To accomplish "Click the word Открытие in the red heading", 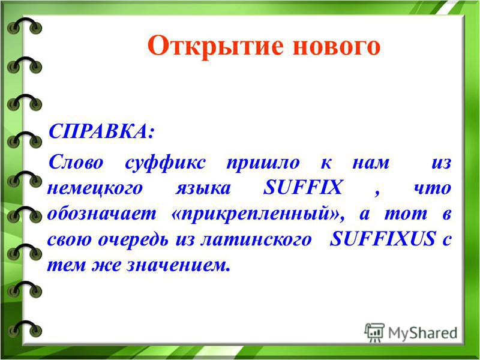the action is point(215,46).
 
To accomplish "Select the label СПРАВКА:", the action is point(101,132).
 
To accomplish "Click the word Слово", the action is point(76,162).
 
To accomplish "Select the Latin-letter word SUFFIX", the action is point(303,187).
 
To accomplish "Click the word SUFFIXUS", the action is point(383,239).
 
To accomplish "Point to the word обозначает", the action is point(101,214).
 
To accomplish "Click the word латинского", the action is point(256,239).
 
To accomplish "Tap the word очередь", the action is point(133,239).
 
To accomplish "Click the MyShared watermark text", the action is point(423,333).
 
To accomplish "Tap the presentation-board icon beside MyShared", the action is point(374,332).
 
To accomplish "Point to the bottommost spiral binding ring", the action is point(25,329).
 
